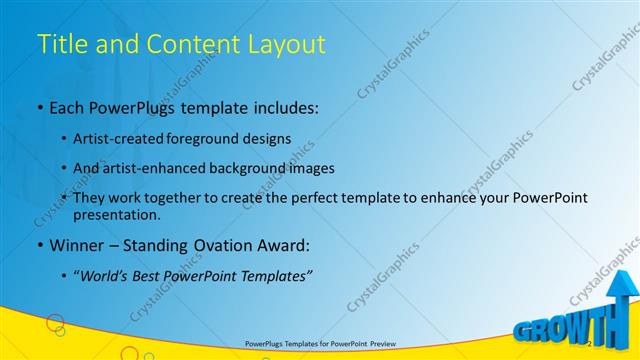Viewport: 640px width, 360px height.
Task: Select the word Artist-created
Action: pos(116,139)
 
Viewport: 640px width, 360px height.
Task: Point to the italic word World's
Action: pos(110,277)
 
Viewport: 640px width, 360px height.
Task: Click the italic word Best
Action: pos(154,277)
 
